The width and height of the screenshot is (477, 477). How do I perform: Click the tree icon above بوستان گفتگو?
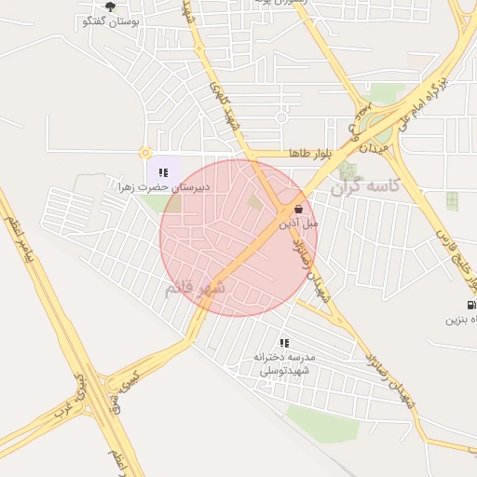pos(110,7)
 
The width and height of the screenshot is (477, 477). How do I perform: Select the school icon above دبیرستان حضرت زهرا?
pos(164,172)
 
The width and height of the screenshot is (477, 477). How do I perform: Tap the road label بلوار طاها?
pos(285,153)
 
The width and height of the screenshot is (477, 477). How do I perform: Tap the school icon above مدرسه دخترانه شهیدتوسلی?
pos(284,343)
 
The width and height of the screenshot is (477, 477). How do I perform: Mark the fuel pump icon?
pos(471,306)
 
